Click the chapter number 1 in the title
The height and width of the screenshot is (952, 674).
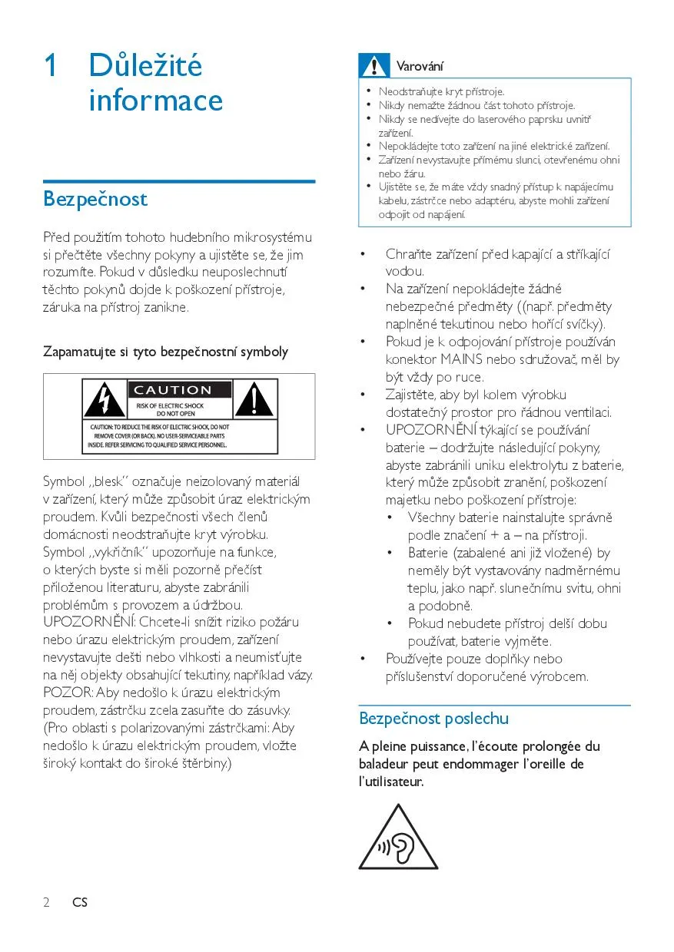(51, 66)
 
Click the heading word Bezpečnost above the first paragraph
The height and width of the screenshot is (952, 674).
(95, 200)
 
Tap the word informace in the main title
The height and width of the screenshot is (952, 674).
(155, 101)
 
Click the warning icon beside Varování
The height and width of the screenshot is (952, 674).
(374, 67)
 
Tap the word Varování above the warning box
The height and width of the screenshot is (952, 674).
(420, 67)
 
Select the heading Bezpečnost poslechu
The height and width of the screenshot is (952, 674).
(433, 719)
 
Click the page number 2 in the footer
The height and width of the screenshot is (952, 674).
(46, 903)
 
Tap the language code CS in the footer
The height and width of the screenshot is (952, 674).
(80, 903)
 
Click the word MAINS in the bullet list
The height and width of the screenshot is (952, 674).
(461, 359)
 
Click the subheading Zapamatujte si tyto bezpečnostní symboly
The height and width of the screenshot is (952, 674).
(165, 352)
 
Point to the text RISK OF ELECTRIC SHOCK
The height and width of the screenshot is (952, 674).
(170, 405)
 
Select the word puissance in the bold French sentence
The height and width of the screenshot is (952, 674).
(435, 746)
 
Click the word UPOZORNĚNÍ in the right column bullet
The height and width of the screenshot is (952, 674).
(431, 430)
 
